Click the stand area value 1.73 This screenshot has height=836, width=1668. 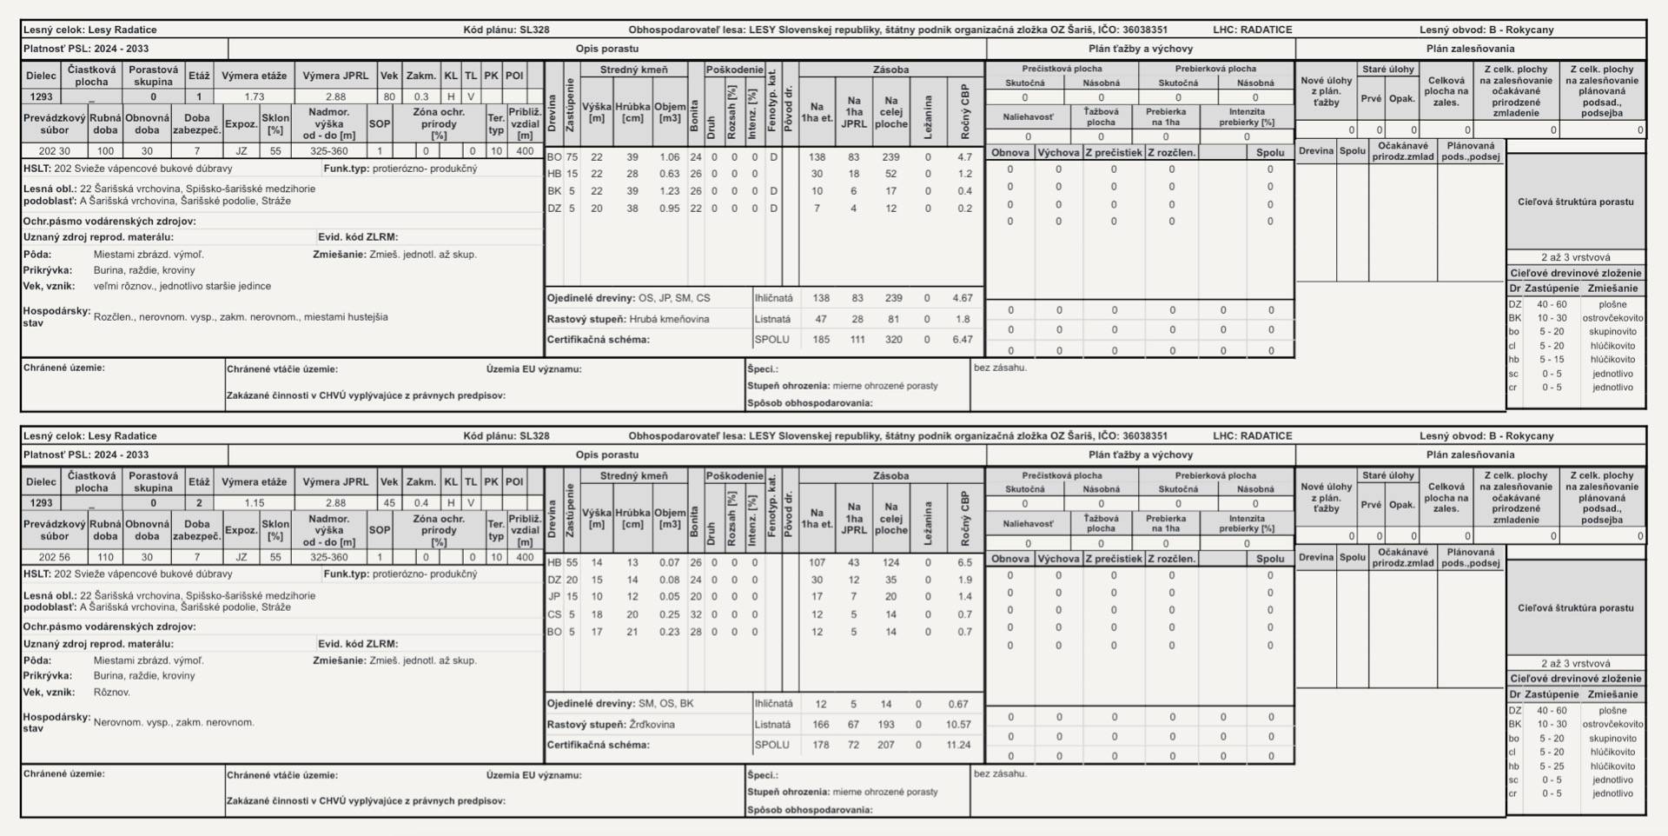(x=254, y=97)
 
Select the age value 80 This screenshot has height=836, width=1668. (x=388, y=97)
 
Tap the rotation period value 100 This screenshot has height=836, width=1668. (x=105, y=151)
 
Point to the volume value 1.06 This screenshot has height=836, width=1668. (x=669, y=157)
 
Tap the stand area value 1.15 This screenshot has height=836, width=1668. (x=254, y=503)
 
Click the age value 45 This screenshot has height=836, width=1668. (x=388, y=503)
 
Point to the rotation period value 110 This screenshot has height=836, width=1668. (x=105, y=557)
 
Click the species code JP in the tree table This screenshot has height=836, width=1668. (x=554, y=597)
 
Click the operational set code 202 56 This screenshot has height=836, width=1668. (x=54, y=557)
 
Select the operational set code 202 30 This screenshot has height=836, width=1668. (x=54, y=151)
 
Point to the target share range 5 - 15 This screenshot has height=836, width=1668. (x=1552, y=360)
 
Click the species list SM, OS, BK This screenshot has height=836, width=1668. (x=665, y=704)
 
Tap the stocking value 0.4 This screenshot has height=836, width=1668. (x=421, y=503)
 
